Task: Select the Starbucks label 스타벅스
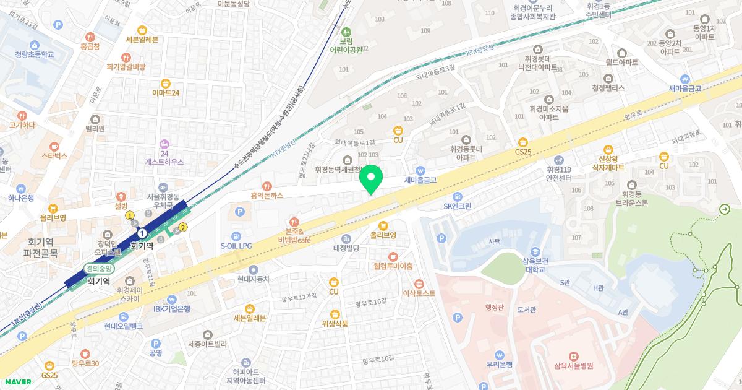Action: coord(54,156)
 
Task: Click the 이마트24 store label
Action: coord(166,93)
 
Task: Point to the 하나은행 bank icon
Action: coord(21,188)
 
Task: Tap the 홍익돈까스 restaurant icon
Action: coord(267,185)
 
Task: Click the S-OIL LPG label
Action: coord(236,246)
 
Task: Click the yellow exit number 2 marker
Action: coord(183,228)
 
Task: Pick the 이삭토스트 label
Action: coord(419,293)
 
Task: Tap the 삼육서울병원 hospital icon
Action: coord(573,356)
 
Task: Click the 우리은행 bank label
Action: coord(500,365)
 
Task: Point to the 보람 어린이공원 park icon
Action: coord(346,31)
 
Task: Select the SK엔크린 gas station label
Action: coord(458,206)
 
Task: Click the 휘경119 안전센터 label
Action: coord(561,173)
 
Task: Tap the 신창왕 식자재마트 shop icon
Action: coord(608,149)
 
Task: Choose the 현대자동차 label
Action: coord(254,279)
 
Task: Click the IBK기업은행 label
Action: coord(172,309)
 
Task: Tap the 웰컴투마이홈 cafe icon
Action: coord(393,256)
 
